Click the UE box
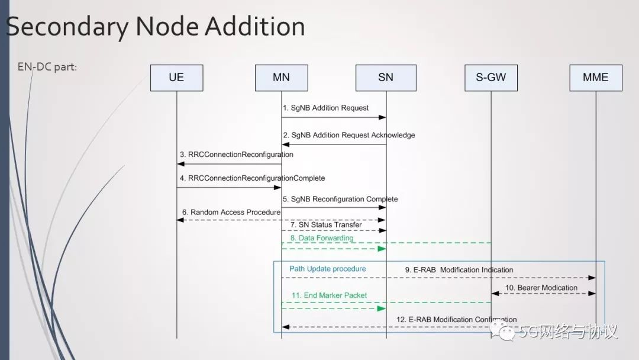pos(176,78)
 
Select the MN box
pos(282,78)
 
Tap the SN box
pos(386,78)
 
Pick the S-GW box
pos(490,78)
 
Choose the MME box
pos(596,78)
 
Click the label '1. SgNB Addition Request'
pos(325,108)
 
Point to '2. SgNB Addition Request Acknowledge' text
pos(348,135)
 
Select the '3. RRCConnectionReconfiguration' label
pos(237,155)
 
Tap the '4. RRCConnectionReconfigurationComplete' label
pos(253,178)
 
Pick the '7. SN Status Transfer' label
pos(326,225)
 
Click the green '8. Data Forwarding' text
pos(321,238)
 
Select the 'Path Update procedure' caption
pos(328,269)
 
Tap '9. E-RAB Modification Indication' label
pos(459,270)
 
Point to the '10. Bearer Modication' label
pos(541,288)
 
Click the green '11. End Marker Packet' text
pos(329,295)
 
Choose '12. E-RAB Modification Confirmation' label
pos(456,320)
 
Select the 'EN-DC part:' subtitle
pos(47,67)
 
